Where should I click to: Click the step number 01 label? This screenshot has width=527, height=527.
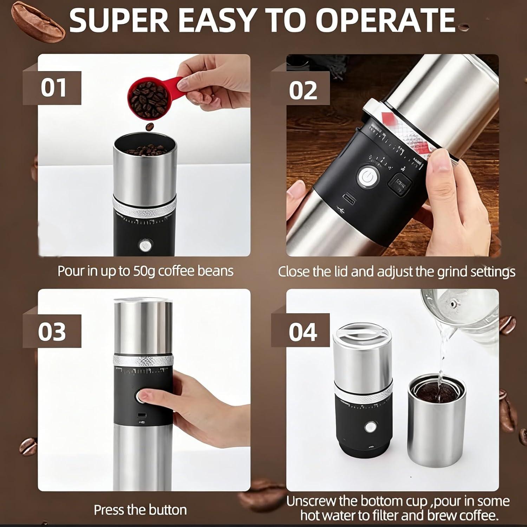(53, 88)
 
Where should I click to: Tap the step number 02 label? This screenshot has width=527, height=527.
(303, 90)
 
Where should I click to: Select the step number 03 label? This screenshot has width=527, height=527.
(52, 331)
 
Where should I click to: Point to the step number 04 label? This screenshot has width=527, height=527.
(303, 332)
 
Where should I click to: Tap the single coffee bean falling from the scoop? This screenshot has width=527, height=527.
(150, 126)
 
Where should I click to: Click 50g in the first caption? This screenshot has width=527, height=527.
(144, 271)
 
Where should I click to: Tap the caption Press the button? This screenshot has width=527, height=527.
(140, 510)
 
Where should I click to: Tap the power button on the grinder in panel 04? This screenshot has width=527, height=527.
(369, 427)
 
